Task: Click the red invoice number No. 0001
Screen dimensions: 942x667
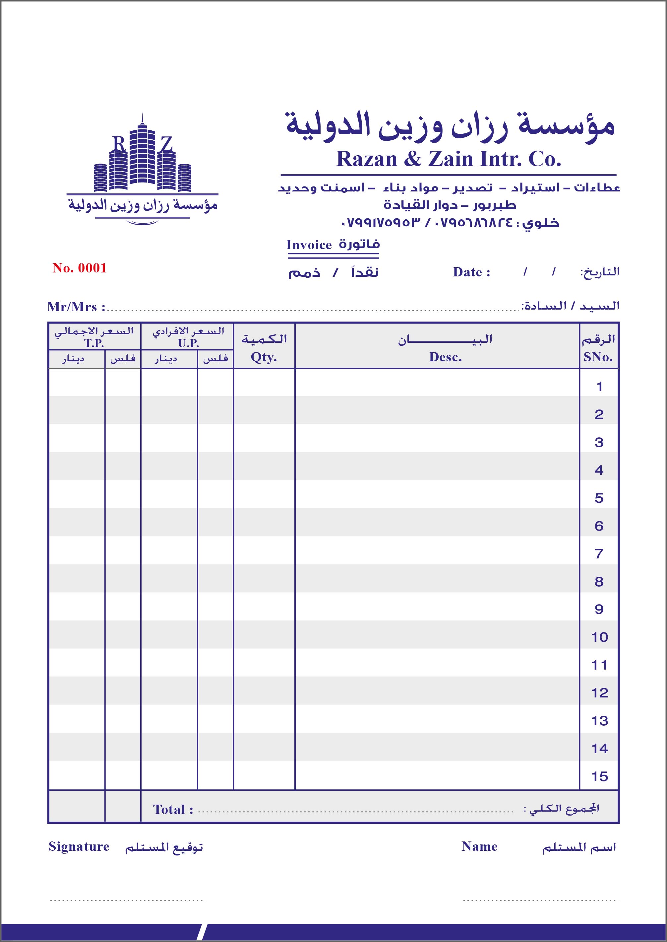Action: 79,268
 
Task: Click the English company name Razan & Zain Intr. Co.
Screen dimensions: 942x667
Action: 449,159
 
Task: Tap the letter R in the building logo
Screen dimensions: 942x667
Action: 119,144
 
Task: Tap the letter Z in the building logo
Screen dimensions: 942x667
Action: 166,144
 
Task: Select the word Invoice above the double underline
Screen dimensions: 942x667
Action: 309,245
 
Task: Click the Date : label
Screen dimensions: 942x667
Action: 471,272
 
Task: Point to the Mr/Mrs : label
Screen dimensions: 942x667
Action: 76,307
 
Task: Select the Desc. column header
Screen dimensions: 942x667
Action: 445,357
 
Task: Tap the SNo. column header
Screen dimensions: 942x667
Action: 598,357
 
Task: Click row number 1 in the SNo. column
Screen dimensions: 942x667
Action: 599,387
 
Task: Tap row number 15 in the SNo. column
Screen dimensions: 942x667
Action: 599,776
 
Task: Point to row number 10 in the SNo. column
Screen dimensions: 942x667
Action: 599,637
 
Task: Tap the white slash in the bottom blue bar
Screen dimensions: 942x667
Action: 201,932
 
